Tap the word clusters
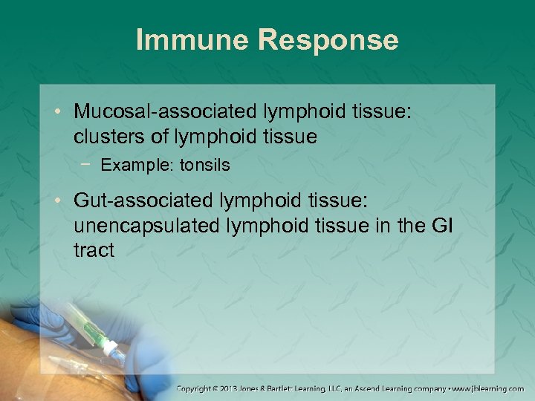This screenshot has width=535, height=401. tap(104, 137)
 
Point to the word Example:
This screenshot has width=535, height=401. tap(132, 165)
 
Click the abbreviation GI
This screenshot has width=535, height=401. tap(444, 225)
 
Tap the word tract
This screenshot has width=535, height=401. tap(94, 250)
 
